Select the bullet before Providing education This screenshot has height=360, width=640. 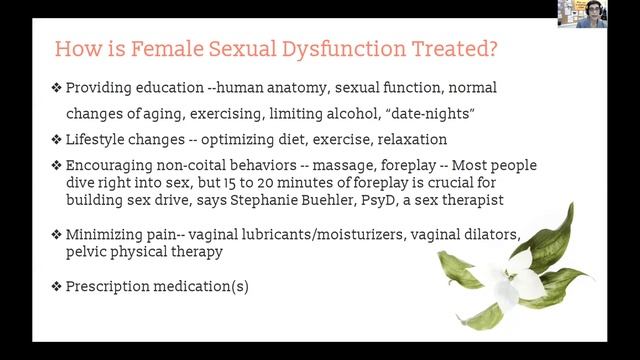pos(57,88)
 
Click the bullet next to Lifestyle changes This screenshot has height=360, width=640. pos(57,139)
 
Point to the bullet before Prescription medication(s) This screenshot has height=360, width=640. pos(57,286)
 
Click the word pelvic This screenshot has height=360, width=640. pos(87,252)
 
